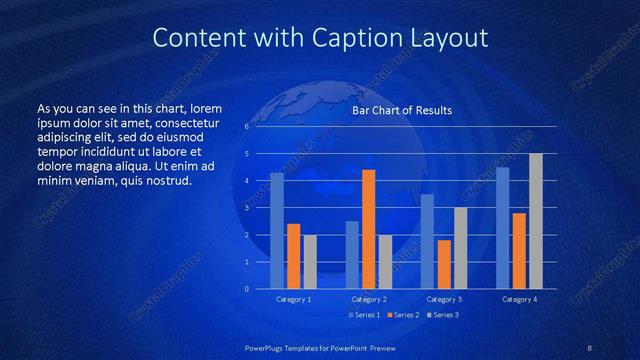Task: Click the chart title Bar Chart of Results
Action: [401, 111]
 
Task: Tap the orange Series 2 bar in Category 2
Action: [368, 229]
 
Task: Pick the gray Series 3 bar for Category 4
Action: [536, 221]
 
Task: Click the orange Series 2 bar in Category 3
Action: [444, 264]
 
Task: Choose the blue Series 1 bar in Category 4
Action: [503, 228]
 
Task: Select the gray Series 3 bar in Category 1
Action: [310, 262]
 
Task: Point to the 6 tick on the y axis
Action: [246, 127]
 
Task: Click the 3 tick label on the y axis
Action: [246, 208]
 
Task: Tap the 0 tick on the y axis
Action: [246, 289]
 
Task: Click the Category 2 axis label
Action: [369, 300]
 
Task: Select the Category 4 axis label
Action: [519, 300]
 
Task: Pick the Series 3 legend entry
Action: [442, 315]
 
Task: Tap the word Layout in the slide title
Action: [451, 39]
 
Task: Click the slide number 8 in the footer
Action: [590, 348]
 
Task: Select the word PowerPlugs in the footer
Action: [268, 348]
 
